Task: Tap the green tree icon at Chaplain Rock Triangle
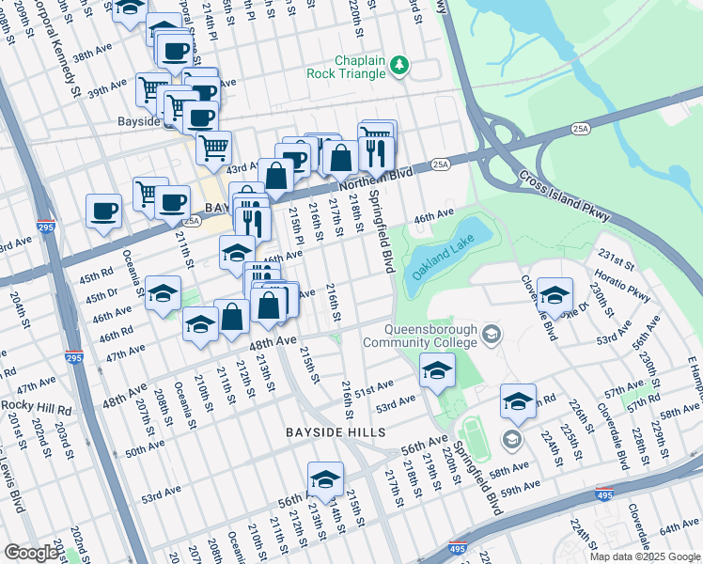pyautogui.click(x=400, y=64)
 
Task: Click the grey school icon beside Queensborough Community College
pyautogui.click(x=491, y=335)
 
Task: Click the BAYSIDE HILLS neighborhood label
pyautogui.click(x=336, y=431)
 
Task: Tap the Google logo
pyautogui.click(x=32, y=553)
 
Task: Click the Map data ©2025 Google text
pyautogui.click(x=644, y=556)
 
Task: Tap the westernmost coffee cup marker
pyautogui.click(x=103, y=211)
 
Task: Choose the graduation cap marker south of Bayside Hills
pyautogui.click(x=325, y=478)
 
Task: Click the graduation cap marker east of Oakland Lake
pyautogui.click(x=555, y=294)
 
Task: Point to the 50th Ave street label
pyautogui.click(x=145, y=449)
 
